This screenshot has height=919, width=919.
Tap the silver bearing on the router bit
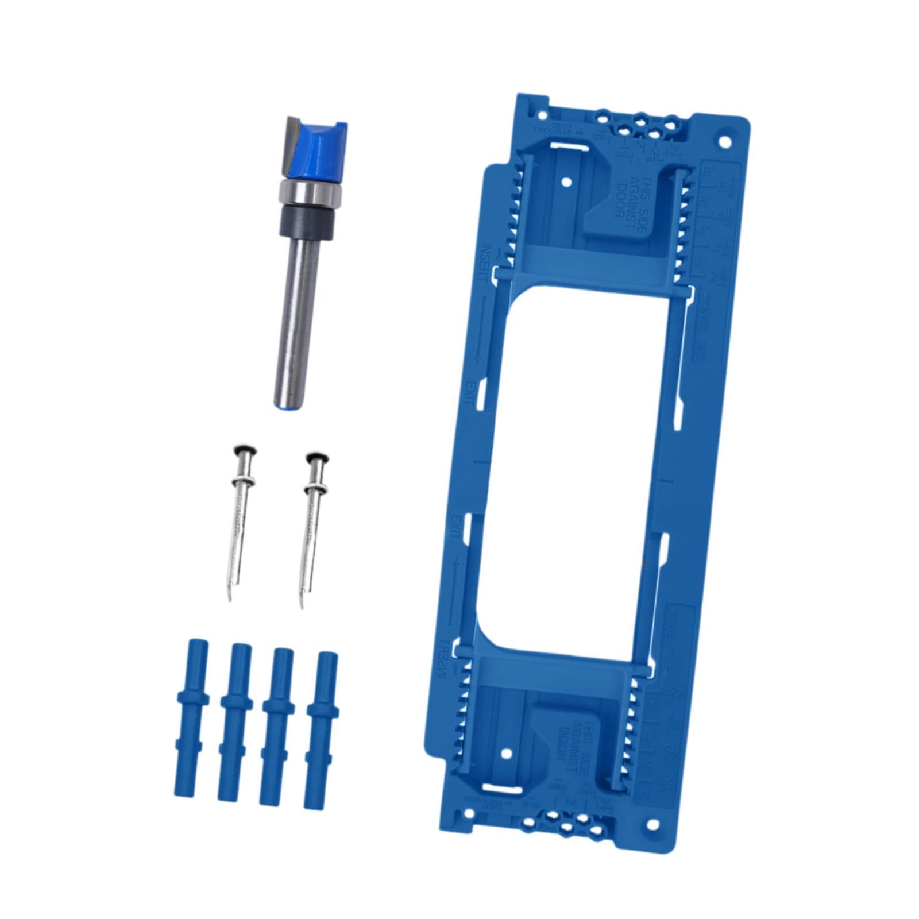(310, 194)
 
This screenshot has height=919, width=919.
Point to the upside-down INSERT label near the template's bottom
(444, 661)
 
